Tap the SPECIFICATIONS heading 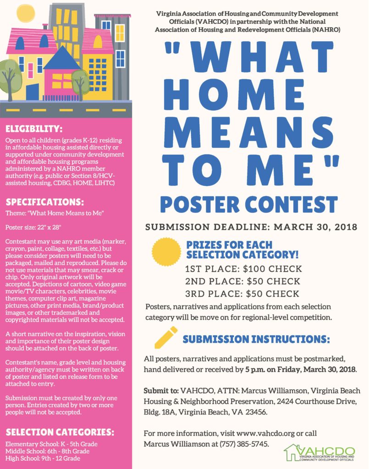coord(45,202)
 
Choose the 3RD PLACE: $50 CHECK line coord(242,294)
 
